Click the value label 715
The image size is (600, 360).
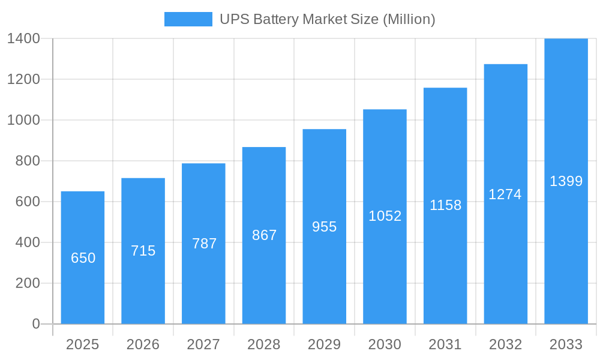[143, 251]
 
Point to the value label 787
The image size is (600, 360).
[204, 244]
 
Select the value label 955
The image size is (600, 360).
[325, 227]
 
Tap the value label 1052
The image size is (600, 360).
[385, 216]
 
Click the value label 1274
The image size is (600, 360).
[505, 194]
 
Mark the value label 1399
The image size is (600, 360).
[566, 181]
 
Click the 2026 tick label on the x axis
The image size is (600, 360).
[143, 344]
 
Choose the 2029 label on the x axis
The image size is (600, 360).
[325, 344]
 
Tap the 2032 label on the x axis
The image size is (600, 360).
[505, 344]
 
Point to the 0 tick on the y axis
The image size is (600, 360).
[36, 324]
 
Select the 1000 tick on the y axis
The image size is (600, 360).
[23, 120]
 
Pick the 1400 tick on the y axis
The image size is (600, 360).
[23, 38]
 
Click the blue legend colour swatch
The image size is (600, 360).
[188, 19]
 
